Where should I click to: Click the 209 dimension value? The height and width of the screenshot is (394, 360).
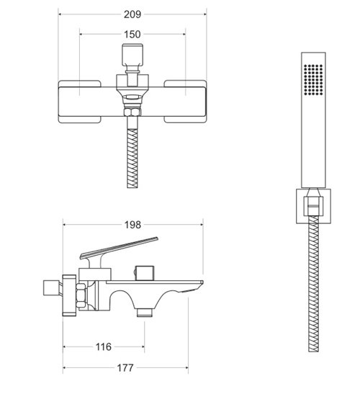coord(132,14)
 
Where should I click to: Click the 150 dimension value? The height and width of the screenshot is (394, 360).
coord(132,35)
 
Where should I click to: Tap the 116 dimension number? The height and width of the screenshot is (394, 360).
coord(103,346)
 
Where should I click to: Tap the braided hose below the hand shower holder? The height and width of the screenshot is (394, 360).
coord(312,288)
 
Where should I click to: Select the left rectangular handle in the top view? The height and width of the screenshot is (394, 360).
coord(79,100)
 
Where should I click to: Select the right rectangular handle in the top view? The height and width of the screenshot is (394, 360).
coord(186,100)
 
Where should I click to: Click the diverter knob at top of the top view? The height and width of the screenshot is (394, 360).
coord(132,55)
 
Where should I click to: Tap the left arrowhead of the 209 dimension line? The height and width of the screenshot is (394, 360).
coord(60,14)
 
